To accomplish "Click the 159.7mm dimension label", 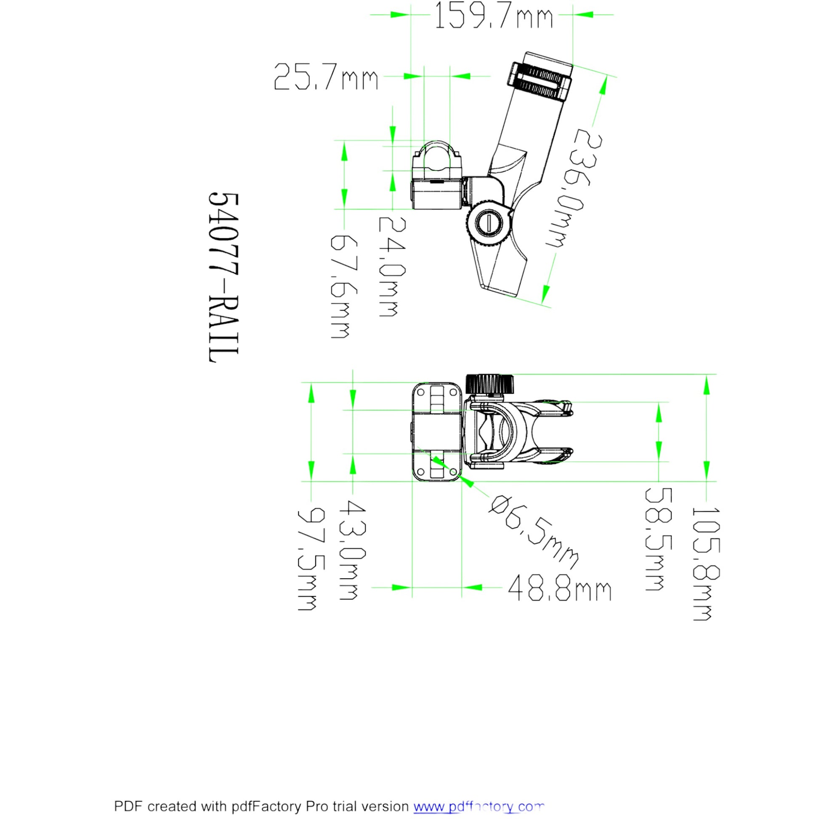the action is [494, 16].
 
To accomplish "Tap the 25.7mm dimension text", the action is [326, 77].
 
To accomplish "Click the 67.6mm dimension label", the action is [344, 287].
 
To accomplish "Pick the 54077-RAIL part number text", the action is [224, 278].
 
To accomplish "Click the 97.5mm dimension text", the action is [311, 560].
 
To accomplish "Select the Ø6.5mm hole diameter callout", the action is [532, 532].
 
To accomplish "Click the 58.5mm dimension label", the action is [658, 539].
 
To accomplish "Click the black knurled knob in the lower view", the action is [490, 384].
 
